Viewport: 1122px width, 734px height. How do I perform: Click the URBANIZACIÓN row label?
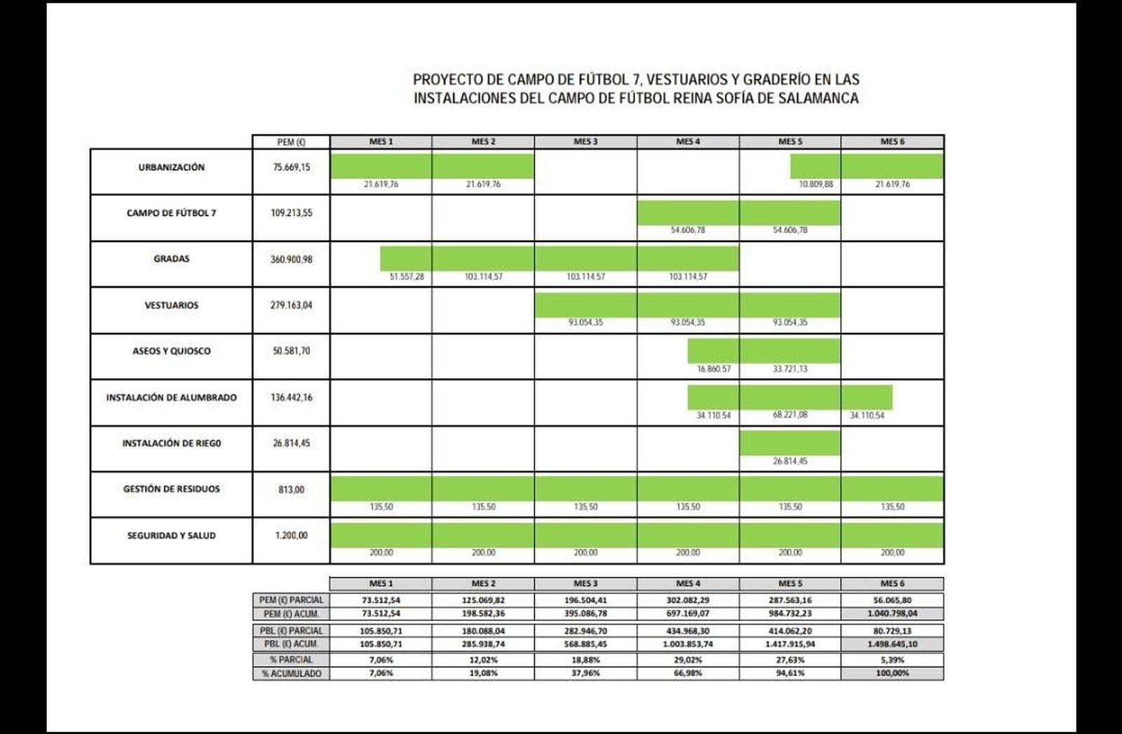171,168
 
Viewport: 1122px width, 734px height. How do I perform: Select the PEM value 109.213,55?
291,213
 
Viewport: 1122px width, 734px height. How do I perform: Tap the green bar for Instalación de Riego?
790,443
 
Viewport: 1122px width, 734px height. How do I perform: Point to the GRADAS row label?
171,259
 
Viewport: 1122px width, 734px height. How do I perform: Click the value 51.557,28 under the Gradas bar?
407,276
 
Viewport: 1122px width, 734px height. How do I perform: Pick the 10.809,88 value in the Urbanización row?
816,185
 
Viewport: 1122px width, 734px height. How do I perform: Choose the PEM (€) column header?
291,142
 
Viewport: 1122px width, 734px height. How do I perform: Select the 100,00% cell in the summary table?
892,673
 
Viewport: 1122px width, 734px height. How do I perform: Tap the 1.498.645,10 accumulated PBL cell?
892,644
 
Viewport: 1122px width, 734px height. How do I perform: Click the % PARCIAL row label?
291,660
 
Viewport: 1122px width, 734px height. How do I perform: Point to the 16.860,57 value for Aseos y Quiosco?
713,369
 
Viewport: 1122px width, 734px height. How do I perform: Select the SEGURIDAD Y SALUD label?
171,535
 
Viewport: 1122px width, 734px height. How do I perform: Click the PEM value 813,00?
291,490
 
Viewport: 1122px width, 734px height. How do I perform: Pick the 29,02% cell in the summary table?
688,660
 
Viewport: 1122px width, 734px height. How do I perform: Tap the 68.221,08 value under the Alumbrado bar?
790,415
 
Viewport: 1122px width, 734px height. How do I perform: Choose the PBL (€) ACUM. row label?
291,644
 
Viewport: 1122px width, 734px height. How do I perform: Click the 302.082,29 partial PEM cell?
688,600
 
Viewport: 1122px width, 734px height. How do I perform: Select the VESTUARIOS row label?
171,305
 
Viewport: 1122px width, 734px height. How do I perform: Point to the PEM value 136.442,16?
291,397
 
